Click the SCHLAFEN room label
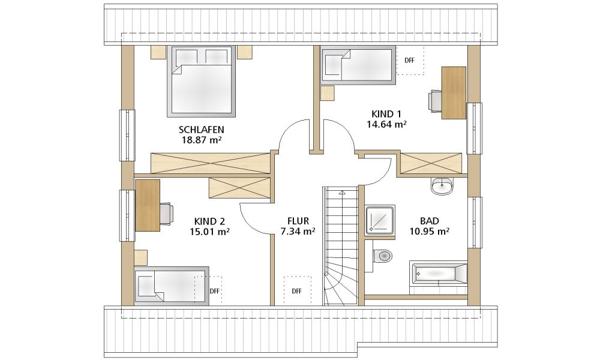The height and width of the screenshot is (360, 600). [202, 130]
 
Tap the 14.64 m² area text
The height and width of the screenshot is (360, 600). [386, 124]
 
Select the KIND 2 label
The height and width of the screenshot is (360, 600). [209, 221]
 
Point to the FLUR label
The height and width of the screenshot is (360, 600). [298, 221]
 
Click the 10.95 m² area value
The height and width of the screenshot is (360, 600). [430, 231]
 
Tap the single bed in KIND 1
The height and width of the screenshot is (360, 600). [358, 65]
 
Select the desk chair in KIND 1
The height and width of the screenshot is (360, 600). [435, 100]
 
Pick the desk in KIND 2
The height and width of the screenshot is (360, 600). [148, 205]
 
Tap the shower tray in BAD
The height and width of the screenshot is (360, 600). [380, 220]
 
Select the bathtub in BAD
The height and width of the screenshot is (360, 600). [439, 274]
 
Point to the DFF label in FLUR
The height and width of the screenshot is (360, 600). [297, 291]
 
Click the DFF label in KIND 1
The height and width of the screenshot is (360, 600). [409, 61]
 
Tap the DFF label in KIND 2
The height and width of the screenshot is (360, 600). [215, 291]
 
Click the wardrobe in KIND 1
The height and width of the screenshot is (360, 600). [431, 163]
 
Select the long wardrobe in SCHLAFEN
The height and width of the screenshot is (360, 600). [211, 163]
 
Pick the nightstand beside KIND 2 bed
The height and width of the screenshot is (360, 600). [141, 257]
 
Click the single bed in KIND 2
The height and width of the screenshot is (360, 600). [172, 286]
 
